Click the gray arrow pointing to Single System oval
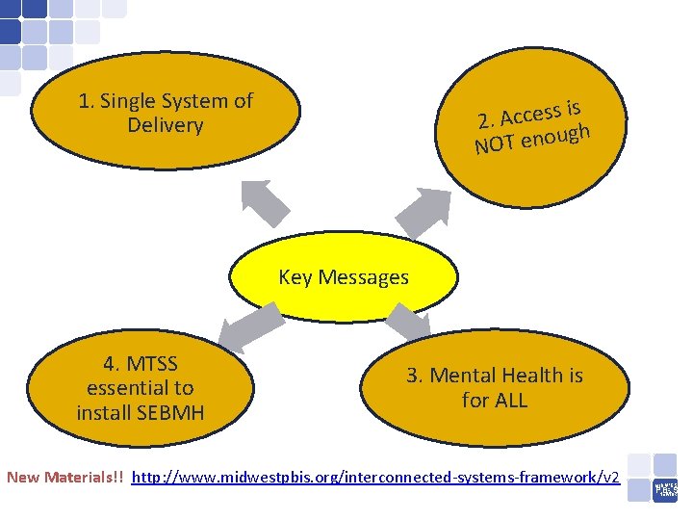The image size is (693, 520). pos(264,202)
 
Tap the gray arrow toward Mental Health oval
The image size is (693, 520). pos(408,324)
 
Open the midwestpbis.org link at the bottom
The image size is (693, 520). pos(375,478)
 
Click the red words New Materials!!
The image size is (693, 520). pos(65,478)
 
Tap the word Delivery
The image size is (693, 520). pos(165,126)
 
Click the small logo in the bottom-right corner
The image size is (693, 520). pos(666,488)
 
